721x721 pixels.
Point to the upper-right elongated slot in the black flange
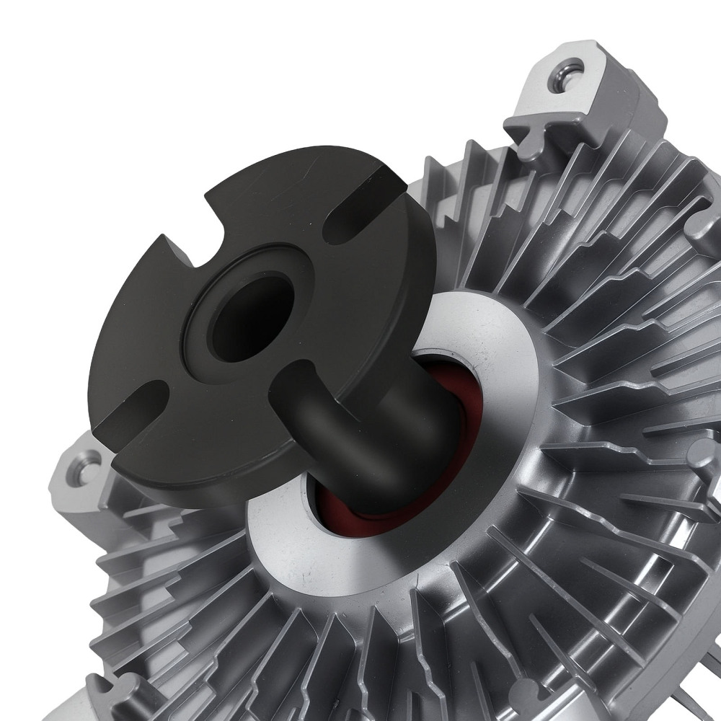(353, 219)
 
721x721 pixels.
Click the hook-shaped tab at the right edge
(703, 238)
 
